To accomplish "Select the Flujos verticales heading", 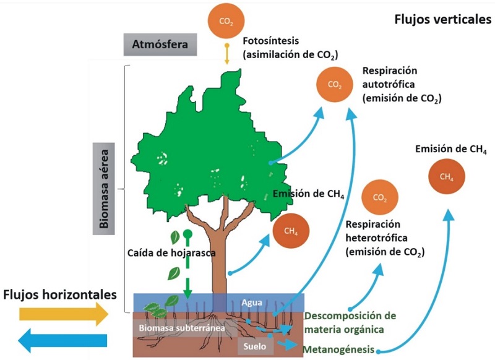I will tap(442, 20).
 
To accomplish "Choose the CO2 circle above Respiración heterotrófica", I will tap(380, 198).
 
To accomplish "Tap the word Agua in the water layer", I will tap(252, 303).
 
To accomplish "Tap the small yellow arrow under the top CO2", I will tap(227, 54).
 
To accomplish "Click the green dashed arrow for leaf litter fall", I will tap(187, 266).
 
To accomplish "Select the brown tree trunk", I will tap(222, 260).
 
